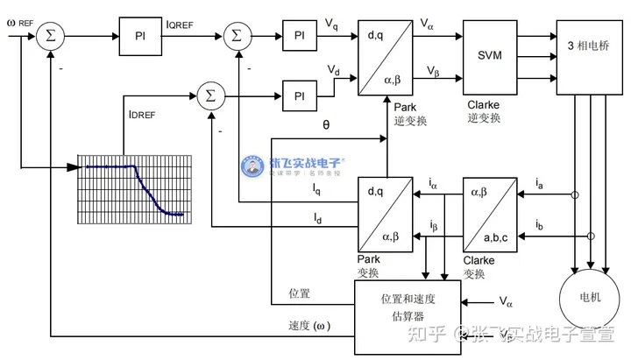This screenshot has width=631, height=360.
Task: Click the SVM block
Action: coord(490,55)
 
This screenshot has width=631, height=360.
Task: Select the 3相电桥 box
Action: coord(586,57)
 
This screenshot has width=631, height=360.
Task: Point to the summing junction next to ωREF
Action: coord(49,35)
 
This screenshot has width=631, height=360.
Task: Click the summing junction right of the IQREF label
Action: coord(237,35)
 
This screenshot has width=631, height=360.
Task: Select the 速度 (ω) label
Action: coord(311,325)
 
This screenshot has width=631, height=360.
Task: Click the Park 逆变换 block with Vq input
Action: coord(385,56)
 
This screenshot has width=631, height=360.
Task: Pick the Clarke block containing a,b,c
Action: coord(490,215)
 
